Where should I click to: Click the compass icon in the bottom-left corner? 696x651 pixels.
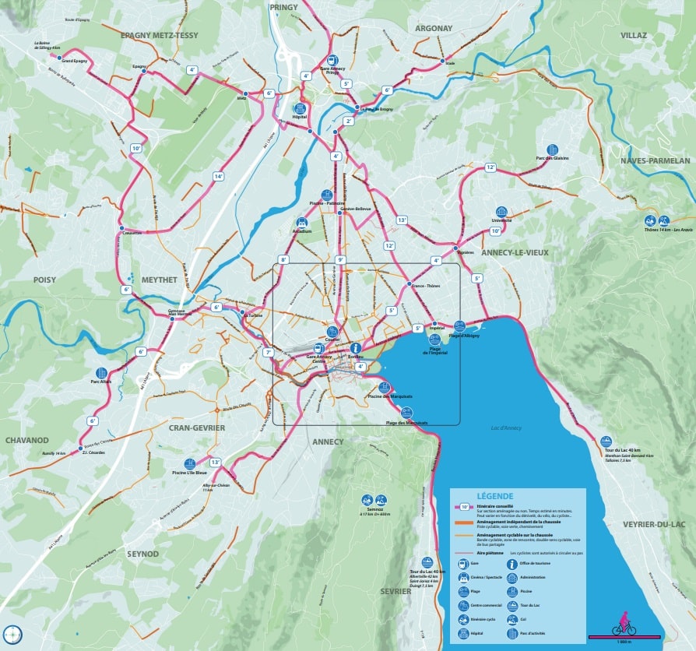point(12,634)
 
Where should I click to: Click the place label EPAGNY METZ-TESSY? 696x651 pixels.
point(160,36)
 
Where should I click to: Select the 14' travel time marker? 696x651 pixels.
point(219,177)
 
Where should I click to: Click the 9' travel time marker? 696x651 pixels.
point(339,259)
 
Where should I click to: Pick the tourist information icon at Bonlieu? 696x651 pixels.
point(356,347)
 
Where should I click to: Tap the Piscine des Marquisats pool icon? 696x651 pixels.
point(384,387)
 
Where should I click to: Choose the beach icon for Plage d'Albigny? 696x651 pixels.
point(459,326)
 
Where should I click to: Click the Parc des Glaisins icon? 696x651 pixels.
point(552,149)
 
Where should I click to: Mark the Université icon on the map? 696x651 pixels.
point(501,211)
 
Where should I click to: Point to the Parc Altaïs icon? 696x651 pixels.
point(101,373)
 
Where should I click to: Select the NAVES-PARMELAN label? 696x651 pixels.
point(655,160)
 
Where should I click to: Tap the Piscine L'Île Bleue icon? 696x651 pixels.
point(189,463)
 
